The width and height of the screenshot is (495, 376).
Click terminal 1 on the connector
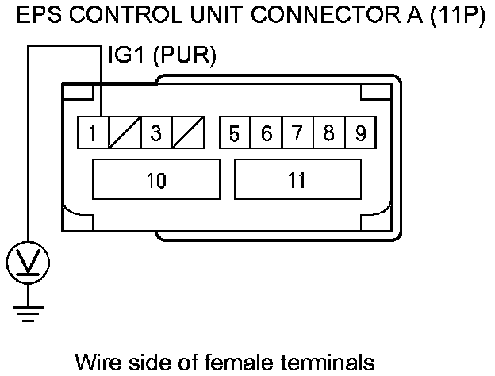coord(93,133)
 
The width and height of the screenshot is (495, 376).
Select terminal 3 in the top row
coord(156,133)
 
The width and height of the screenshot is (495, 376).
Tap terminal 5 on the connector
coord(234,133)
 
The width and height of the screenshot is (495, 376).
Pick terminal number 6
coord(266,133)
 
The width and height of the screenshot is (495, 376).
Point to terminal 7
coord(297,133)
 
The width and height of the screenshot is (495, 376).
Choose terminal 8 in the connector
coord(328,133)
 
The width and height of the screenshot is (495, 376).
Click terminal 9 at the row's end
coord(360,133)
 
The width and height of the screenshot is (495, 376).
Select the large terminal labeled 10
coord(156,180)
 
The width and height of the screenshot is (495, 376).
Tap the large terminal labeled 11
coord(297,180)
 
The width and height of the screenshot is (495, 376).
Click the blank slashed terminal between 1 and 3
coord(125,133)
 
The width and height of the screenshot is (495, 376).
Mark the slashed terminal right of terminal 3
coord(188,133)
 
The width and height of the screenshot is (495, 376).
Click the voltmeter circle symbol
coord(28,261)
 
